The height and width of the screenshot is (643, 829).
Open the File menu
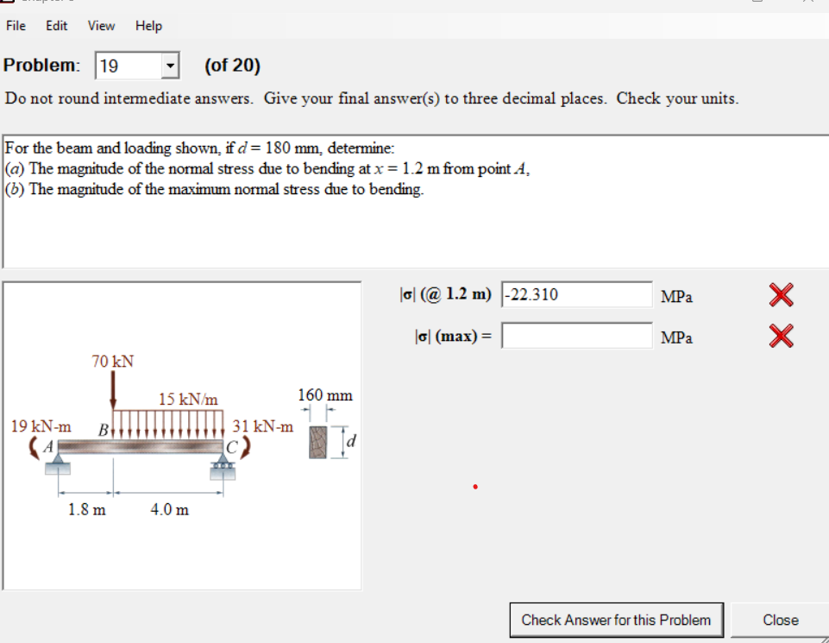click(16, 26)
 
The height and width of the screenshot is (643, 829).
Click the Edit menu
click(57, 26)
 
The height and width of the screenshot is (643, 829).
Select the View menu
click(101, 26)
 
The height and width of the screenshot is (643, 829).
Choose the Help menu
click(148, 26)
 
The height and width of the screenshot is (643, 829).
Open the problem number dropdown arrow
click(170, 66)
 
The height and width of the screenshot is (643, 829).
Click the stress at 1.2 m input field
click(576, 295)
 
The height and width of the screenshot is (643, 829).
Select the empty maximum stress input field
click(576, 336)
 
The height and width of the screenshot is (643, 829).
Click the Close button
click(780, 620)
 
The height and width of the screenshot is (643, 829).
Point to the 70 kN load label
click(113, 361)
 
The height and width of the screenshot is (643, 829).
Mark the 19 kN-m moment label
click(41, 426)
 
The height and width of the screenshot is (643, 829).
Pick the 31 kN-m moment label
click(263, 426)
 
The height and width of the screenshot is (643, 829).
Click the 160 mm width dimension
click(325, 395)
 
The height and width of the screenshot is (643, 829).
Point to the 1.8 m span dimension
click(87, 509)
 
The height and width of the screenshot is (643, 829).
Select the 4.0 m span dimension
click(169, 509)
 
